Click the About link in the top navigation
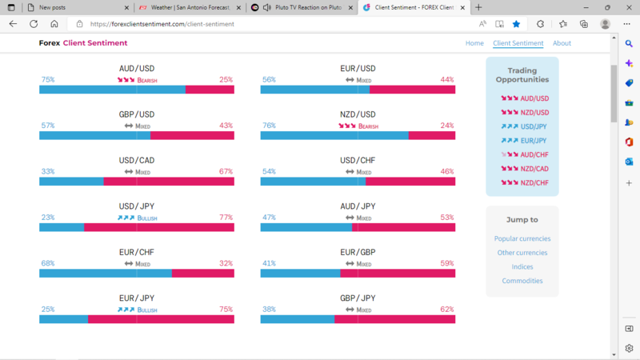tap(562, 43)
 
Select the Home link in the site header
tap(474, 43)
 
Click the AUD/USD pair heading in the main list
tap(137, 69)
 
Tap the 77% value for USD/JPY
tap(226, 218)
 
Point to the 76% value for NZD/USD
tap(269, 126)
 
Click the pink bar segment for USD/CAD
tap(169, 182)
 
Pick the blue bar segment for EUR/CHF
tap(105, 274)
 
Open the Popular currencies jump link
tap(522, 238)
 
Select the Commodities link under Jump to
tap(522, 281)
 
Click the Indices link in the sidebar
tap(522, 266)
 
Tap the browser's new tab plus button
tap(478, 7)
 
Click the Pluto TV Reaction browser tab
tap(298, 7)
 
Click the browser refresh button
tap(34, 24)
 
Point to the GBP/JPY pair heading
tap(358, 298)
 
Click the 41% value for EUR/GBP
tap(269, 263)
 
